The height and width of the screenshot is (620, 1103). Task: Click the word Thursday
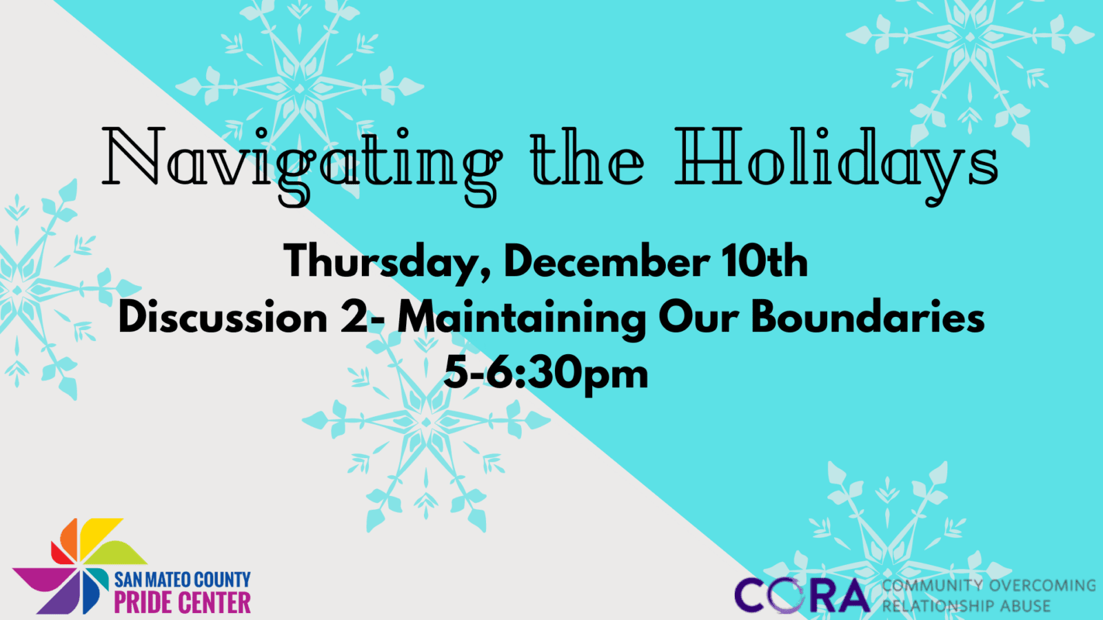tap(387, 262)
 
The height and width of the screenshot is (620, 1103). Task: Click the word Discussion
tap(223, 318)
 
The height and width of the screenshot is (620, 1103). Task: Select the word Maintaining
tap(521, 319)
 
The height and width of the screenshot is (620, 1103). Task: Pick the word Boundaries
tap(868, 318)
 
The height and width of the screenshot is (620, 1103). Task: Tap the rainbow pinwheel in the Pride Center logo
tap(79, 566)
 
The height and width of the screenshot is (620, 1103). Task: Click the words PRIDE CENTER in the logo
tap(182, 602)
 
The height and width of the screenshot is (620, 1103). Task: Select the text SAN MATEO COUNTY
tap(182, 579)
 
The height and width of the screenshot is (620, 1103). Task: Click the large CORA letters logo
tap(802, 595)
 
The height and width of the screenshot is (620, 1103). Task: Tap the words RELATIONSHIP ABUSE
tap(966, 606)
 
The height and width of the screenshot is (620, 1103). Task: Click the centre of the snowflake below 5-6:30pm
tap(426, 422)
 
